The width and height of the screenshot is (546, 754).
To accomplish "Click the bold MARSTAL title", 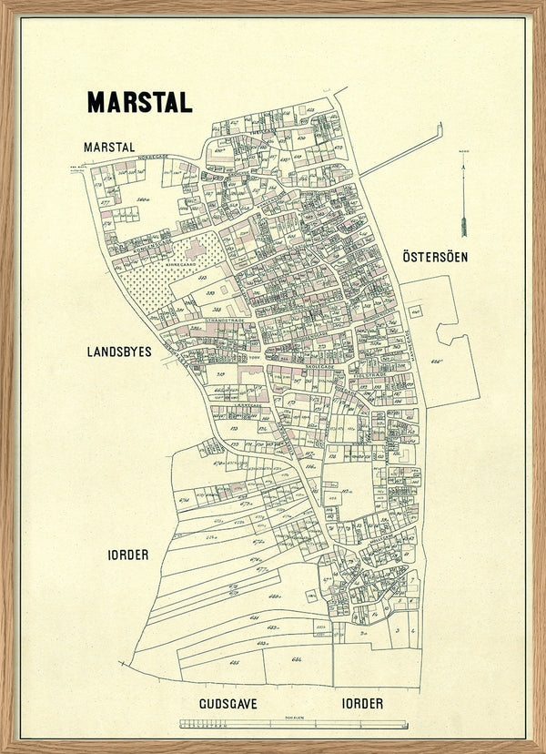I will tap(139, 102).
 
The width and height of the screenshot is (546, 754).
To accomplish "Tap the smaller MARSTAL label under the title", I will tap(108, 147).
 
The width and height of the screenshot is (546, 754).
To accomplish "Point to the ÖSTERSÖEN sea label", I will tap(435, 257).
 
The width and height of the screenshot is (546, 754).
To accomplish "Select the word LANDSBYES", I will tap(118, 351).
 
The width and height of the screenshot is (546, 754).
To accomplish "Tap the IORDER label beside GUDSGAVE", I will tap(362, 704).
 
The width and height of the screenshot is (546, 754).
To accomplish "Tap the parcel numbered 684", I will tap(297, 657).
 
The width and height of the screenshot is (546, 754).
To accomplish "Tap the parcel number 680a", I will tap(272, 596).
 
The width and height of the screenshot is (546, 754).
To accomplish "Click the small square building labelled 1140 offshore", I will tap(416, 311).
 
